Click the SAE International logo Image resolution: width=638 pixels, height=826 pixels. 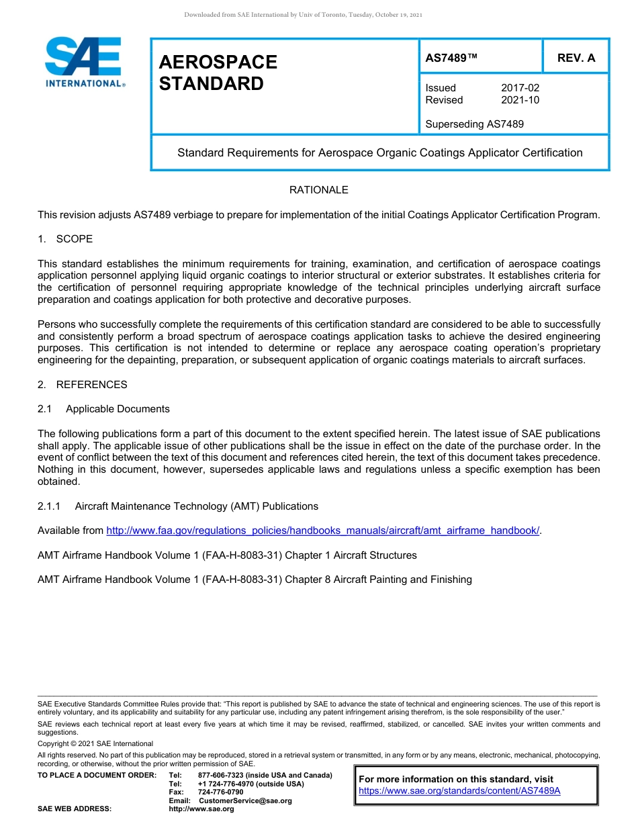tap(83, 62)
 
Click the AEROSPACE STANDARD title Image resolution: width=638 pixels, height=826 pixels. tap(218, 73)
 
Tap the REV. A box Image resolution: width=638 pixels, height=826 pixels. tap(576, 58)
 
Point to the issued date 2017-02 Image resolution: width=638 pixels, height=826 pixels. tap(520, 88)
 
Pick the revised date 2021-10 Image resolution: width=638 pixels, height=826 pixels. tap(520, 100)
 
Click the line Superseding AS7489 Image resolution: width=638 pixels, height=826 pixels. tap(474, 124)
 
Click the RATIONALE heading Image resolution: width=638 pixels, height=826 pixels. tap(318, 190)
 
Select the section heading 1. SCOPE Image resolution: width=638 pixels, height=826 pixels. tap(65, 239)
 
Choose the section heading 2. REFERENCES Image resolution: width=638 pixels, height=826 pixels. tap(82, 385)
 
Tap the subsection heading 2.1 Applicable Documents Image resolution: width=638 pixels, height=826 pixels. tap(104, 409)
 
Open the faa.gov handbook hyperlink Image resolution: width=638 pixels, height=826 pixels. tap(323, 531)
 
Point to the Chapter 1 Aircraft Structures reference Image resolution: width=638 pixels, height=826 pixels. tap(227, 555)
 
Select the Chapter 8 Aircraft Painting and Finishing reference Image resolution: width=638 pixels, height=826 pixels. tap(255, 580)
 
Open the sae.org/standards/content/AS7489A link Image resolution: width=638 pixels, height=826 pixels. tap(459, 791)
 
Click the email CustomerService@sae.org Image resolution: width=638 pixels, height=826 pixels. tap(245, 800)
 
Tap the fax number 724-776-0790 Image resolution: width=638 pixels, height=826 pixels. tap(220, 792)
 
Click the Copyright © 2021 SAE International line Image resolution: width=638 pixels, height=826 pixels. tap(95, 743)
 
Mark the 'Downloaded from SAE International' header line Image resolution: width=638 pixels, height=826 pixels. tap(303, 15)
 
